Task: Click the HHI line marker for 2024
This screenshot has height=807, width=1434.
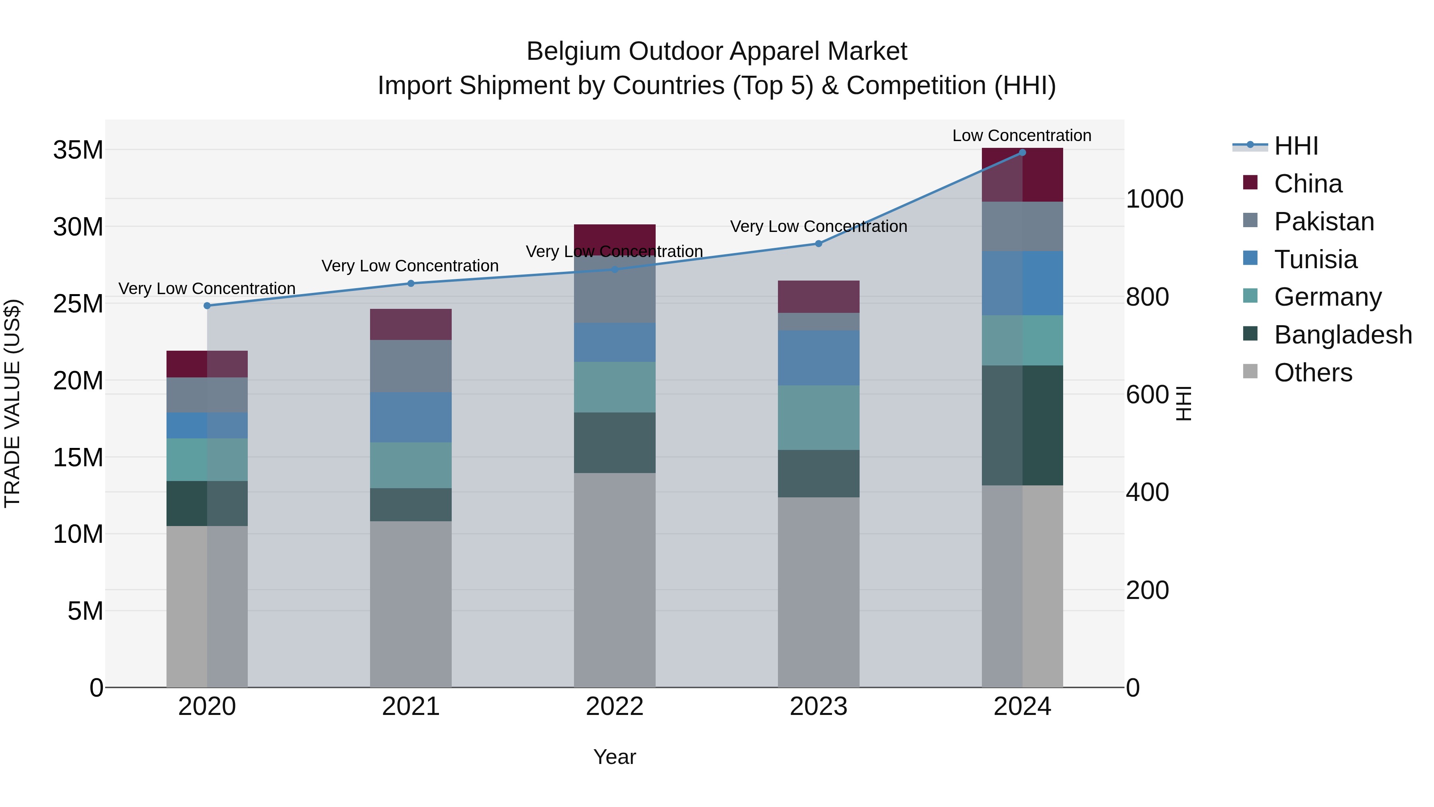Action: tap(1022, 153)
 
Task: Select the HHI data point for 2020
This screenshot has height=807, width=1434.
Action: tap(207, 306)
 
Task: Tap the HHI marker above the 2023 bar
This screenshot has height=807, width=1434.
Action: tap(818, 243)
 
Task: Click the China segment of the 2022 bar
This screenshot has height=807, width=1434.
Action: tap(615, 238)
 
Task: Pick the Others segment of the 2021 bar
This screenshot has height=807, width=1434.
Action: tap(411, 604)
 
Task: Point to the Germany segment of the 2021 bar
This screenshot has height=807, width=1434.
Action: tap(411, 465)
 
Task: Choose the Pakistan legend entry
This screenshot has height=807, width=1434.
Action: tap(1324, 222)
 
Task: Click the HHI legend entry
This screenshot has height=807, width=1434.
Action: tap(1296, 146)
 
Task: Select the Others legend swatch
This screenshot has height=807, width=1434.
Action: tap(1250, 371)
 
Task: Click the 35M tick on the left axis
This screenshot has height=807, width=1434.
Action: tap(78, 150)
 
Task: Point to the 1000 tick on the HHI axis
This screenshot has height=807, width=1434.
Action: tap(1154, 199)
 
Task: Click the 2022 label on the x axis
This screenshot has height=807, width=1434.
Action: tap(615, 707)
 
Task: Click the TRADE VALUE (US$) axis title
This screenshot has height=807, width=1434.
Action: tap(12, 403)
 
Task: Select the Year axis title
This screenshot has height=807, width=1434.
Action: tap(615, 757)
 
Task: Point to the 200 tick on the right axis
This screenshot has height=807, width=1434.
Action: tap(1147, 590)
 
